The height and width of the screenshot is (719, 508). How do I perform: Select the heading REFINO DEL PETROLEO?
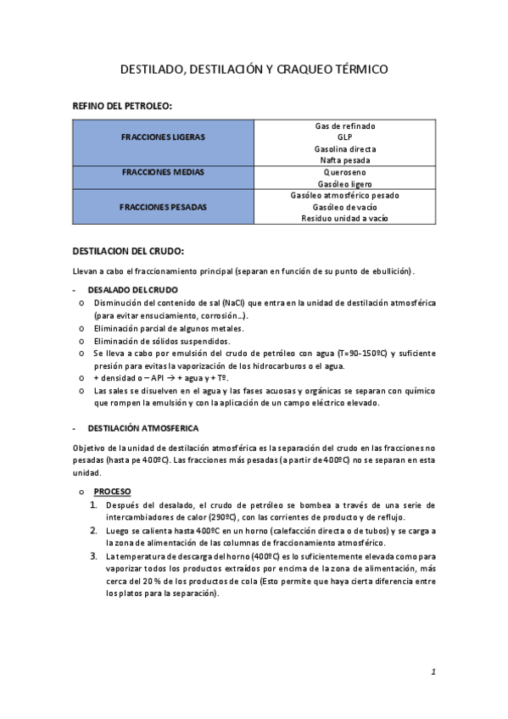[x=124, y=107]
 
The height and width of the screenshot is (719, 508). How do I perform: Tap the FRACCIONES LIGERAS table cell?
[x=163, y=137]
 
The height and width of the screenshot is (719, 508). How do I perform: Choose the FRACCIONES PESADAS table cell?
[x=163, y=206]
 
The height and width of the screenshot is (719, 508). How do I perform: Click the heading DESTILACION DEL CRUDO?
[x=128, y=251]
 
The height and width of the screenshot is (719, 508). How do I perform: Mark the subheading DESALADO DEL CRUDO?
[x=133, y=290]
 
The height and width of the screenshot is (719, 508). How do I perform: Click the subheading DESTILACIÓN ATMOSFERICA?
[x=143, y=429]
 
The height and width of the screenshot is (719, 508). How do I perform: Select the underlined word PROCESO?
[x=113, y=491]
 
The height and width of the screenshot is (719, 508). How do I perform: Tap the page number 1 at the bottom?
[x=433, y=672]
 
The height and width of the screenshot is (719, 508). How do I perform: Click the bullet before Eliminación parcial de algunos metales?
[x=81, y=328]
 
